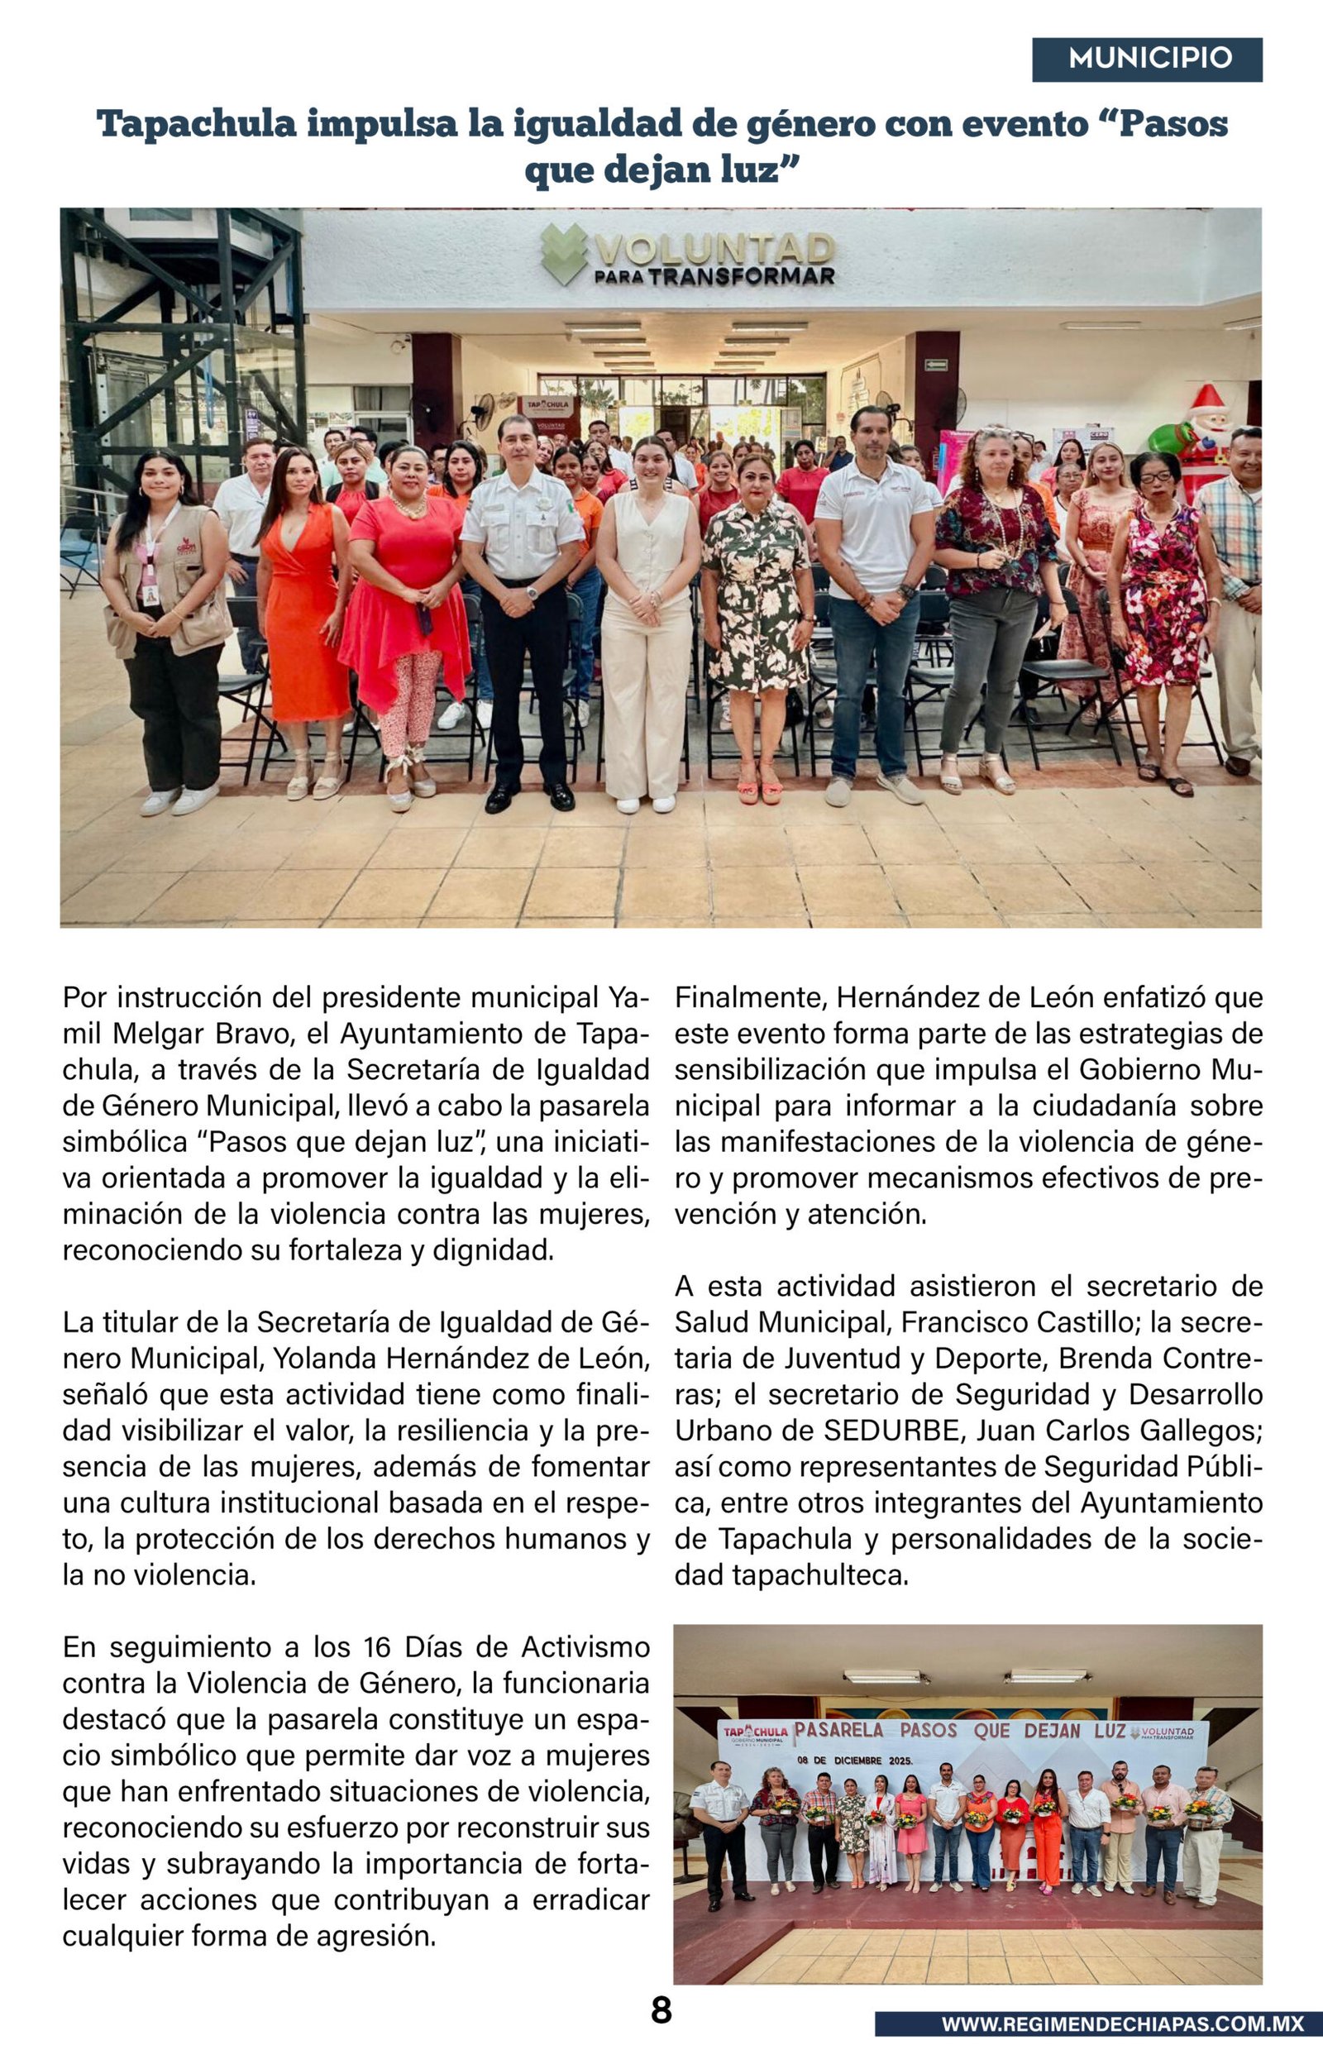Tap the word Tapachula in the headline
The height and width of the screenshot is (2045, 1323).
point(197,125)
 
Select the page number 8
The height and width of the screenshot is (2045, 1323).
point(661,2009)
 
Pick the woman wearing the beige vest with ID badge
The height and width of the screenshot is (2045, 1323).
point(167,619)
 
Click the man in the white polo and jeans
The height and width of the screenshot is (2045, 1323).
point(874,593)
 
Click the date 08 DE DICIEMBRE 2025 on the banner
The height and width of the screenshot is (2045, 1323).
point(855,1759)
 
